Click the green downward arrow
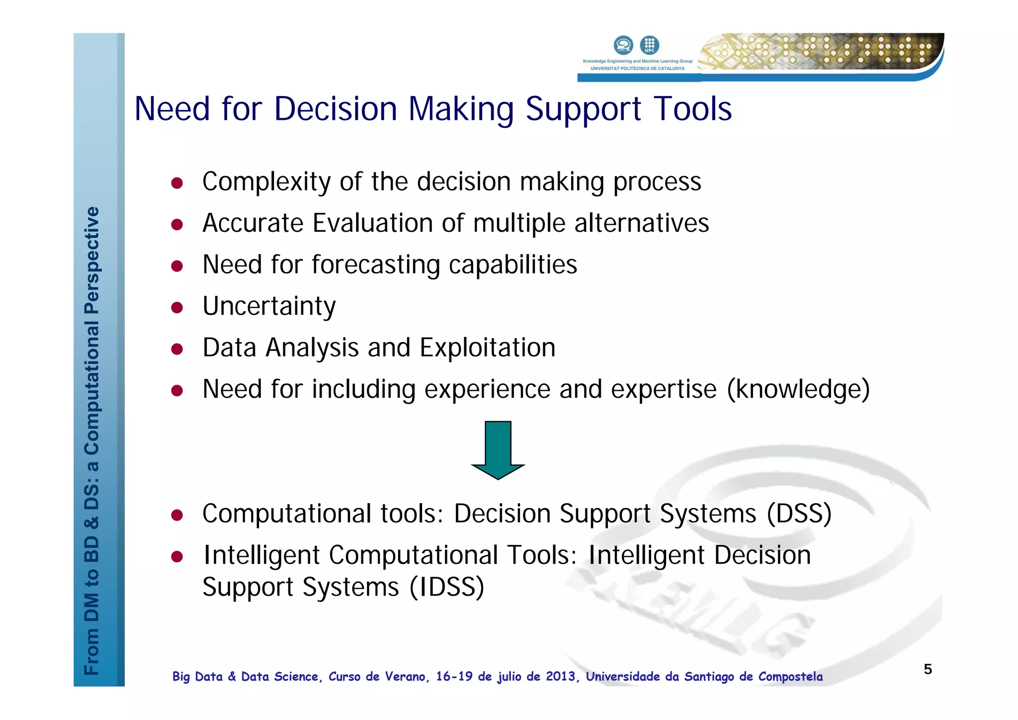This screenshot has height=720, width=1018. [498, 450]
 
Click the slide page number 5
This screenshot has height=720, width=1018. [928, 669]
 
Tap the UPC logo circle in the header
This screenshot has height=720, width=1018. [649, 45]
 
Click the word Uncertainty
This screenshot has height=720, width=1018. [269, 306]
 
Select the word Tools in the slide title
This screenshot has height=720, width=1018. [692, 109]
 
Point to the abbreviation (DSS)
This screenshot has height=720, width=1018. [799, 514]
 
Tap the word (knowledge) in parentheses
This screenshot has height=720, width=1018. [798, 389]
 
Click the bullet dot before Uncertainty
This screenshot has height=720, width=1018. [177, 308]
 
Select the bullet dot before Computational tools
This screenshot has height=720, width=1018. [177, 515]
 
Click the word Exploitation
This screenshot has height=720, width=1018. [487, 348]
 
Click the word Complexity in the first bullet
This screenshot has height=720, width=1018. [266, 182]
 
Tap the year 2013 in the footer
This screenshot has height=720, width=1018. [561, 677]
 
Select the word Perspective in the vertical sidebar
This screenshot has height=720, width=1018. [92, 260]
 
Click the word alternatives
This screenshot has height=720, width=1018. [642, 223]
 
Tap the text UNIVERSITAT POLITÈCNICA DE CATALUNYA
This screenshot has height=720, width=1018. [637, 69]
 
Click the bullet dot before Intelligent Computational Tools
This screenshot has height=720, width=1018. [177, 557]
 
